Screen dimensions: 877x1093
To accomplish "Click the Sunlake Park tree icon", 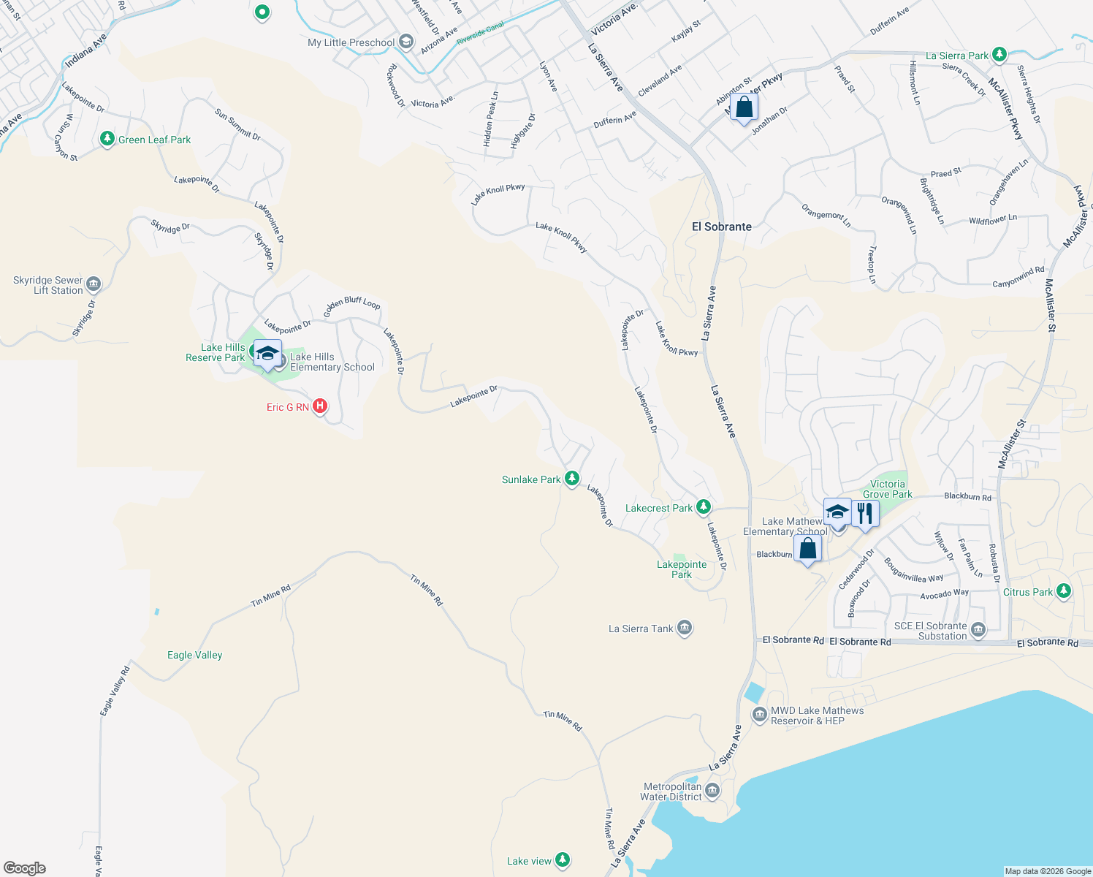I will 572,479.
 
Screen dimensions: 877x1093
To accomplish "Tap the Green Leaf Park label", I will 154,140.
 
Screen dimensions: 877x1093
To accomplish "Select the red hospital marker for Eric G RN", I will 319,406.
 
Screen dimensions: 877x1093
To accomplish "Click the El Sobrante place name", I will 721,227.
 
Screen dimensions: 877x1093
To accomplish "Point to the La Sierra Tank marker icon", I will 685,628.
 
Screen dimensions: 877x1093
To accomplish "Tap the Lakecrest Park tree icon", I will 703,506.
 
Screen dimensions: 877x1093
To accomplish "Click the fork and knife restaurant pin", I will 865,513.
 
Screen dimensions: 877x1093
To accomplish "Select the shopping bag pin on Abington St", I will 744,108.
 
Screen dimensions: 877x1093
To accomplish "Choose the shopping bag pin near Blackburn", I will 807,549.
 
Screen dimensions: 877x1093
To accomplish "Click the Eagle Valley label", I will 194,655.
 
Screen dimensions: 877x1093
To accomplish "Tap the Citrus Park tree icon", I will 1064,591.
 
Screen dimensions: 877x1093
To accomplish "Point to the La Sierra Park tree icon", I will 999,55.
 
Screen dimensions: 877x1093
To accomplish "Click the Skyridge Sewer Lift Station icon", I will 94,284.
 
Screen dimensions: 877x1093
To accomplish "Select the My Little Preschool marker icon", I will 406,42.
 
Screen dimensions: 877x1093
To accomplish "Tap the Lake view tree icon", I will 563,860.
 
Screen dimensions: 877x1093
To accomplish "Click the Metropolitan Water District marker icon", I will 712,791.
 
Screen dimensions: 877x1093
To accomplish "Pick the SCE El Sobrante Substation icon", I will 978,629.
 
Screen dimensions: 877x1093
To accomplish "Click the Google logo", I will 25,868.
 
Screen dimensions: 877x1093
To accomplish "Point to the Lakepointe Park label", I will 682,569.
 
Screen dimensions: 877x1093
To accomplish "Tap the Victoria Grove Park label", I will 888,489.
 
